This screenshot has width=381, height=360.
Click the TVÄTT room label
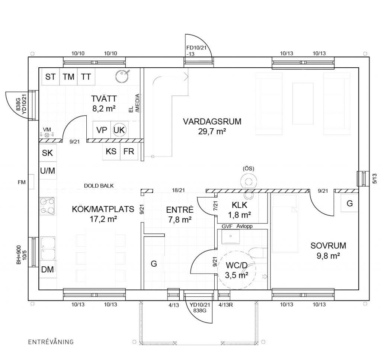click(x=104, y=99)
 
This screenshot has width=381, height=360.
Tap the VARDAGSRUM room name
click(x=212, y=122)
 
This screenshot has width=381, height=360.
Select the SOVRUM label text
click(x=328, y=245)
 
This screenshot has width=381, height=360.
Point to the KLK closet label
click(x=239, y=205)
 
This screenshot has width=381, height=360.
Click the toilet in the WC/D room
click(x=256, y=253)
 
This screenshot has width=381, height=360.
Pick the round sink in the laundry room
click(x=122, y=75)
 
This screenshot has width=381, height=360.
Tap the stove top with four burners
click(x=47, y=206)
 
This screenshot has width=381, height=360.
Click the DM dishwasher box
click(x=48, y=269)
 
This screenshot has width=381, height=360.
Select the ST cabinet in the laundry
click(x=51, y=77)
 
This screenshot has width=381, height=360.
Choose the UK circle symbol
click(x=119, y=130)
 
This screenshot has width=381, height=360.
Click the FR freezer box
click(x=129, y=151)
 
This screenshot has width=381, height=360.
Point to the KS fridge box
click(x=111, y=151)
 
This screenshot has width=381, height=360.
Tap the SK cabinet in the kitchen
click(x=48, y=153)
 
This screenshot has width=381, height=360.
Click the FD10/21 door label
click(x=196, y=48)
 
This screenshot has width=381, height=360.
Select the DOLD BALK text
click(x=99, y=186)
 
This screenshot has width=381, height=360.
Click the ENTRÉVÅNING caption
click(x=51, y=342)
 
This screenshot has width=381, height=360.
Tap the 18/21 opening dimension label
click(x=179, y=190)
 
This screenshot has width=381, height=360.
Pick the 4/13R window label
click(x=225, y=305)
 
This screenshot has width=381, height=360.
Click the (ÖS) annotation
click(x=248, y=168)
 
